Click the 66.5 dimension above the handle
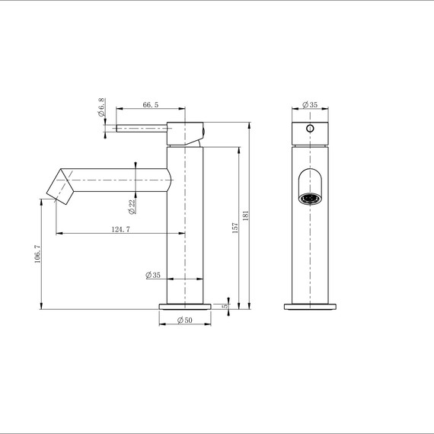150,107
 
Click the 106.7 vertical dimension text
36,254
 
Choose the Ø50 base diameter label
184,321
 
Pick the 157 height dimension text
235,228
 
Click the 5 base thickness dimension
225,306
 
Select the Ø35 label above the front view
309,104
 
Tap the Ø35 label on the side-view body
153,276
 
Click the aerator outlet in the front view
308,199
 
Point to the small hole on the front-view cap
309,129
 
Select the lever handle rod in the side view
141,129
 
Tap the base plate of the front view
310,307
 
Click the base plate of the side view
185,307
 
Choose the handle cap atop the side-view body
185,132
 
